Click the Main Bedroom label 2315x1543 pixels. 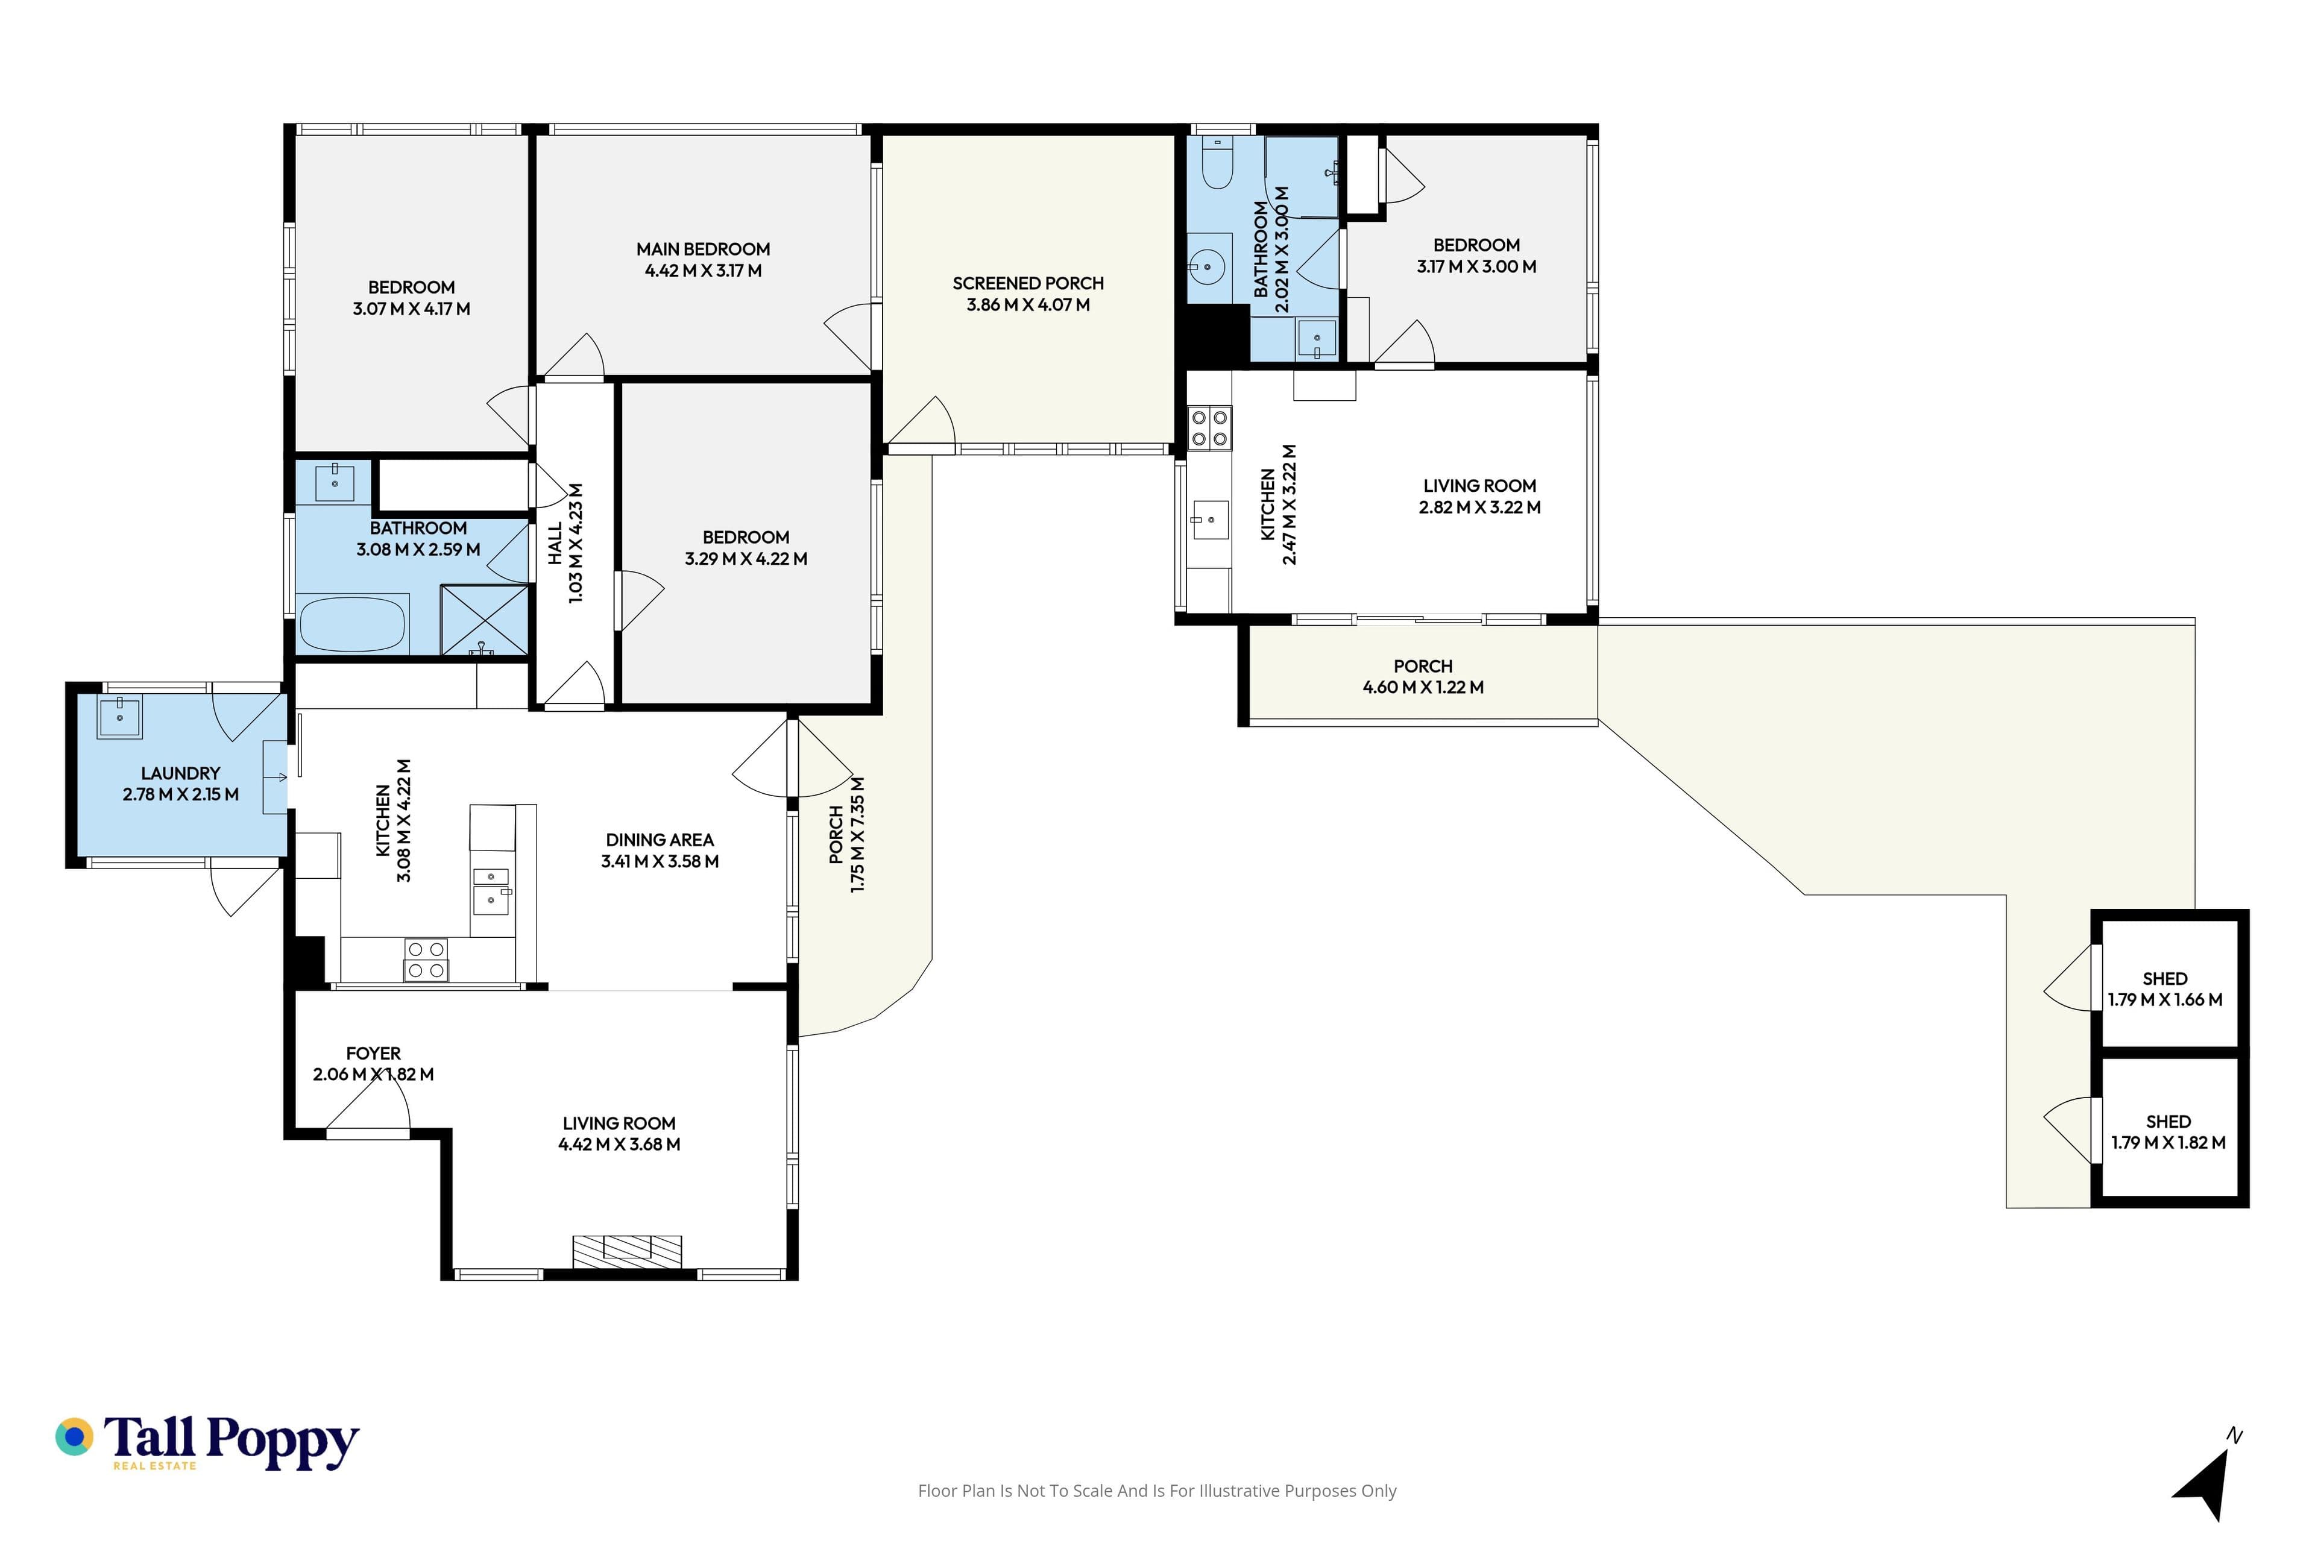(x=703, y=249)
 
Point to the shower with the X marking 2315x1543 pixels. (x=484, y=620)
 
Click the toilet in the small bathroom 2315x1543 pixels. (x=1218, y=162)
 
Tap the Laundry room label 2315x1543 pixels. (x=180, y=773)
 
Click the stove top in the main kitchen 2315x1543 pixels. (x=426, y=960)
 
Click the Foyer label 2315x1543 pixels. (x=373, y=1053)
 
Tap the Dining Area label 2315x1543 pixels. (x=660, y=840)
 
